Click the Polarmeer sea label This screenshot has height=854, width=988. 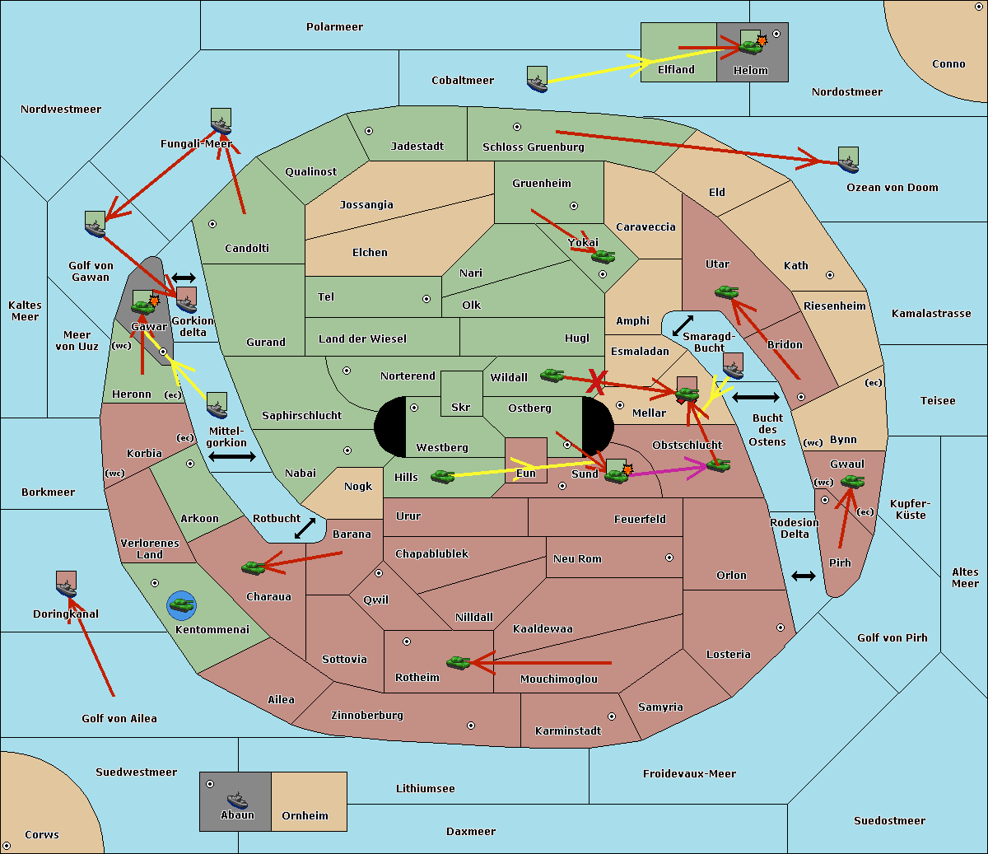(x=334, y=27)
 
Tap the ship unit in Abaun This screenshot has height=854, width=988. (x=237, y=800)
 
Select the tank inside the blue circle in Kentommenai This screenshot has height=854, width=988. (x=181, y=605)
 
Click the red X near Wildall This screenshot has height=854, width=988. (x=596, y=380)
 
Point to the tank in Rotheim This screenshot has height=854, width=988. (x=458, y=661)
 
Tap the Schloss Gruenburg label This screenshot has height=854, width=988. (x=533, y=147)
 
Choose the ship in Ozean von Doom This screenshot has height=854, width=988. (x=848, y=161)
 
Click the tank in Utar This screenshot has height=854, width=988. (x=726, y=292)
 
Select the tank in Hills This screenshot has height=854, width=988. (x=443, y=476)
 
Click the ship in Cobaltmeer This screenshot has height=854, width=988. (x=537, y=80)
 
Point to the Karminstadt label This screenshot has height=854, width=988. (x=568, y=731)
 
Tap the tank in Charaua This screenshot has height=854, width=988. (x=254, y=567)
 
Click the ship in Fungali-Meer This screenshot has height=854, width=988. (x=221, y=122)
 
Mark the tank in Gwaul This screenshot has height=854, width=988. (x=852, y=481)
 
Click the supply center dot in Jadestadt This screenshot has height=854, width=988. (x=369, y=130)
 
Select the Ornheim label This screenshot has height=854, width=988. (x=305, y=816)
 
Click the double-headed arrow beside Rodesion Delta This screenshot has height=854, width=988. (x=804, y=576)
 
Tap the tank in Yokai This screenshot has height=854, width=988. (x=604, y=256)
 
